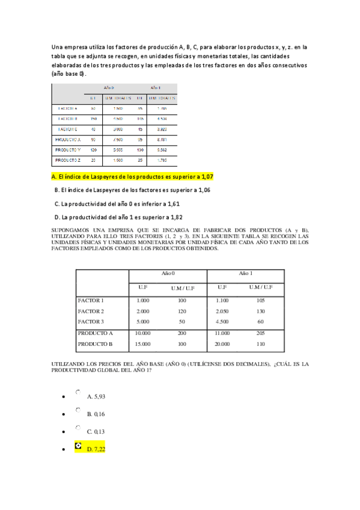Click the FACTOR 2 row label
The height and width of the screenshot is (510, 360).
[x=91, y=311]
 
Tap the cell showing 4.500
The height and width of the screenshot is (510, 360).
[x=222, y=322]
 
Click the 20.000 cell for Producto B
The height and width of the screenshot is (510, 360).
[x=222, y=344]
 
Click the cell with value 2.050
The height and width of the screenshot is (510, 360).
[x=222, y=311]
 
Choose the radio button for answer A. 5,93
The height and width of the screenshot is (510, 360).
[x=78, y=392]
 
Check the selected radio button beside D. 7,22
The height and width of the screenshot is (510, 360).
[x=78, y=446]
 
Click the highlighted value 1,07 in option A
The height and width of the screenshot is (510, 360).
[x=206, y=176]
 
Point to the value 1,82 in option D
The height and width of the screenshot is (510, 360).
[x=176, y=217]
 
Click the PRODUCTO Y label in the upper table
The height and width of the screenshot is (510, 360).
[x=67, y=149]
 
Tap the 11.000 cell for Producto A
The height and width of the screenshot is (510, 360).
[x=222, y=333]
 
